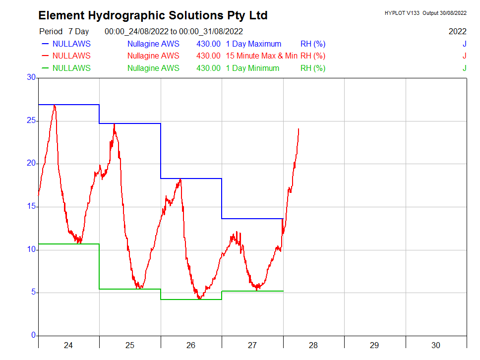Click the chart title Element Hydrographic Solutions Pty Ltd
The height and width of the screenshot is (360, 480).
153,15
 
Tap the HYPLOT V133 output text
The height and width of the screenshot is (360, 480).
425,13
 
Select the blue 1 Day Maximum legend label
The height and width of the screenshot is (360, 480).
253,44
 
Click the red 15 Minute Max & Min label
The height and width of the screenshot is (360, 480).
261,56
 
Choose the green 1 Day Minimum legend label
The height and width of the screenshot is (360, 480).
252,68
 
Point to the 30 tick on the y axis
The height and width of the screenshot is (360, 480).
32,77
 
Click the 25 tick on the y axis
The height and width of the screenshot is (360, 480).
32,120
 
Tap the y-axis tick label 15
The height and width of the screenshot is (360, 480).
32,206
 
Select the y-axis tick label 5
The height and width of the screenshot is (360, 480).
34,292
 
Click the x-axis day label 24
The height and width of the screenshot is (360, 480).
68,345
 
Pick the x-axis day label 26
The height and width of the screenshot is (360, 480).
191,345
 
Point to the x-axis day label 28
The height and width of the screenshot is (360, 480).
313,345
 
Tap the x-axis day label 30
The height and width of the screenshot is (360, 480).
436,345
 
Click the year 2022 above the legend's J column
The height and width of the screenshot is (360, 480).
457,31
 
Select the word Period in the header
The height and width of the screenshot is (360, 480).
51,31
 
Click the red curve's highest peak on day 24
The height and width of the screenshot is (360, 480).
55,105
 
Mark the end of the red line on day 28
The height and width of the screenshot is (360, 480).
299,129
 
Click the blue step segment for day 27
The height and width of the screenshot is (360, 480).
252,219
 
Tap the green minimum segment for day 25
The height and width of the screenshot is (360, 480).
130,289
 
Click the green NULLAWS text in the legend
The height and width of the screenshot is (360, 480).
71,68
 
